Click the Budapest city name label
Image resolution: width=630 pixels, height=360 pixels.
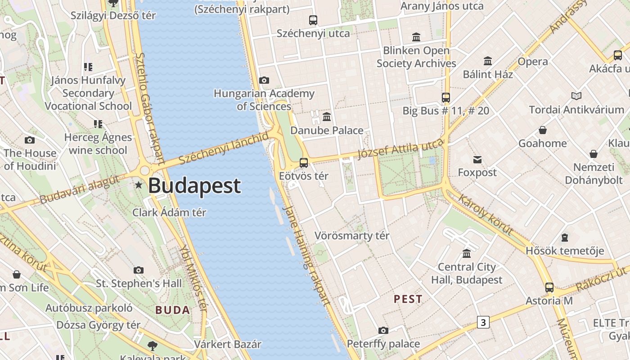(x=194, y=186)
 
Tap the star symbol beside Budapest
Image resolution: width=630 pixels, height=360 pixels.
(x=139, y=185)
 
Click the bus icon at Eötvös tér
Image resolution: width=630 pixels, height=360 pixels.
(x=304, y=163)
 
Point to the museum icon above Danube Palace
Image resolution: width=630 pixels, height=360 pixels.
(x=327, y=117)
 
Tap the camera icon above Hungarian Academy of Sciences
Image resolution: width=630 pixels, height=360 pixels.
(x=264, y=81)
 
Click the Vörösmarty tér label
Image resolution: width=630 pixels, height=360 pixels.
(x=352, y=236)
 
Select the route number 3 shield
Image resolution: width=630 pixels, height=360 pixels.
(x=483, y=322)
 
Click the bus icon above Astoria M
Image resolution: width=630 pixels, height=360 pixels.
(x=549, y=287)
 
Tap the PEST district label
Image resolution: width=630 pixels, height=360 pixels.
(x=408, y=299)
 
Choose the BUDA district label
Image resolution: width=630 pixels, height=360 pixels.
(x=173, y=310)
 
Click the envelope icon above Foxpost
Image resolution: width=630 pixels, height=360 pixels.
(x=477, y=160)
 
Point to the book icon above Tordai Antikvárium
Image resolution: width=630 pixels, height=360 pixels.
(x=576, y=96)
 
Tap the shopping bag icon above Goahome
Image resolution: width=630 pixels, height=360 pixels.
(x=543, y=130)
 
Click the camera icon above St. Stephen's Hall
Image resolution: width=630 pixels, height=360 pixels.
(x=139, y=270)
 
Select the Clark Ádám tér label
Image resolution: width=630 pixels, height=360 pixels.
(x=169, y=212)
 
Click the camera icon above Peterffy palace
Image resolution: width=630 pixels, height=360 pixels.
(x=383, y=331)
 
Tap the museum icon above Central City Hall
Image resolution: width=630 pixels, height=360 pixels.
(x=467, y=253)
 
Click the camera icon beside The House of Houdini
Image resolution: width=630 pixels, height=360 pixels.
(x=30, y=140)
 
